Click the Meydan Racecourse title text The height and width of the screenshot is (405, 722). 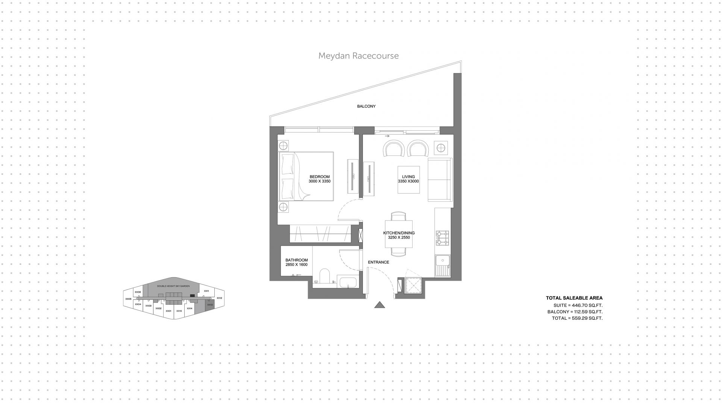358,56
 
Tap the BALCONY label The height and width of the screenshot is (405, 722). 366,106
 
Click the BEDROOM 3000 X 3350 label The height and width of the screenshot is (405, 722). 319,179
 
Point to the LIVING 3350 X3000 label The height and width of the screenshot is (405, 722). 408,179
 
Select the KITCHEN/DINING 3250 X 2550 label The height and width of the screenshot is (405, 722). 399,235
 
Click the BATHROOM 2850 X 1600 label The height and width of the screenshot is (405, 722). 296,262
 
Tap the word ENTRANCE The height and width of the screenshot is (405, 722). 378,262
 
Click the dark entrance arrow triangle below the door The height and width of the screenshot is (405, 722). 380,305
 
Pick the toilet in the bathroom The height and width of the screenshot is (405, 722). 324,275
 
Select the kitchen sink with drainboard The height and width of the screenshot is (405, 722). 443,265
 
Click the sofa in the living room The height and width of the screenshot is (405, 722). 440,180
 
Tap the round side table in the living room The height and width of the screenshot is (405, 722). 441,148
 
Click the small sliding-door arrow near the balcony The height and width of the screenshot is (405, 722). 387,136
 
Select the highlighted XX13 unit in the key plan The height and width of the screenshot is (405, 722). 210,305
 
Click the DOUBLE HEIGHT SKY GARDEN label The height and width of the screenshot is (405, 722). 173,286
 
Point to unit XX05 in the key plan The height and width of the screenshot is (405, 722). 128,299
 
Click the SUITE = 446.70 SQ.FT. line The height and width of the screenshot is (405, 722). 578,305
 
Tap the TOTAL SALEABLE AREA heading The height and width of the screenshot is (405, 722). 574,298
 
